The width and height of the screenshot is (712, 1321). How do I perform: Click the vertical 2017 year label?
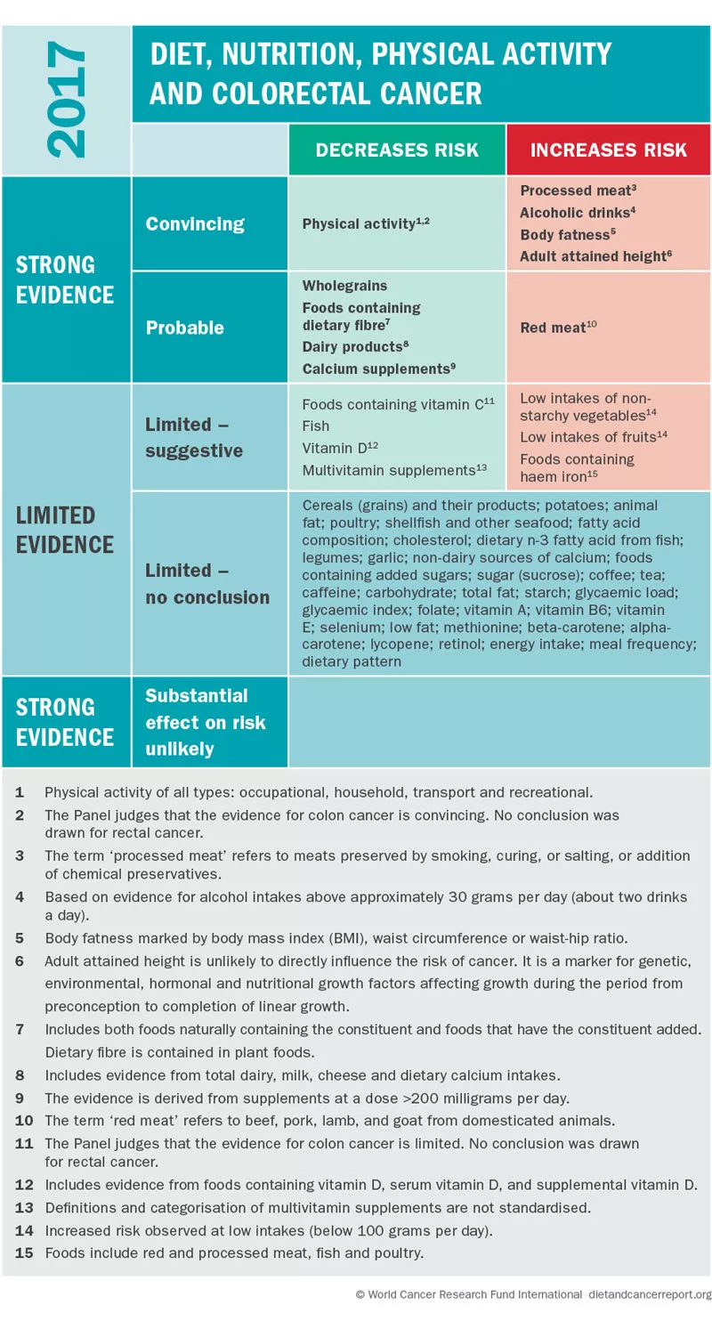tap(66, 101)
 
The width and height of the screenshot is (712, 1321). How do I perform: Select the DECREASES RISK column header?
tap(397, 150)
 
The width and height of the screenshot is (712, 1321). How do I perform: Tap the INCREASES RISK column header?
tap(609, 150)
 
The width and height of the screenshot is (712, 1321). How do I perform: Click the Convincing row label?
tap(195, 223)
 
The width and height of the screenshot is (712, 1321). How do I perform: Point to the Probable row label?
tap(185, 328)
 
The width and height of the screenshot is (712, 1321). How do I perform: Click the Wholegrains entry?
tap(344, 286)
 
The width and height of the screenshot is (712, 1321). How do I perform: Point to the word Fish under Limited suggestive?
tap(315, 425)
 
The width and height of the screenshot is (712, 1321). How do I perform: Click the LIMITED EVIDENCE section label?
tap(65, 530)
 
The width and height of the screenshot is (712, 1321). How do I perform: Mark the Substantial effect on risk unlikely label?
tap(206, 722)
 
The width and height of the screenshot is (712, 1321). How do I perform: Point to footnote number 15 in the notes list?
tap(19, 1253)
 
